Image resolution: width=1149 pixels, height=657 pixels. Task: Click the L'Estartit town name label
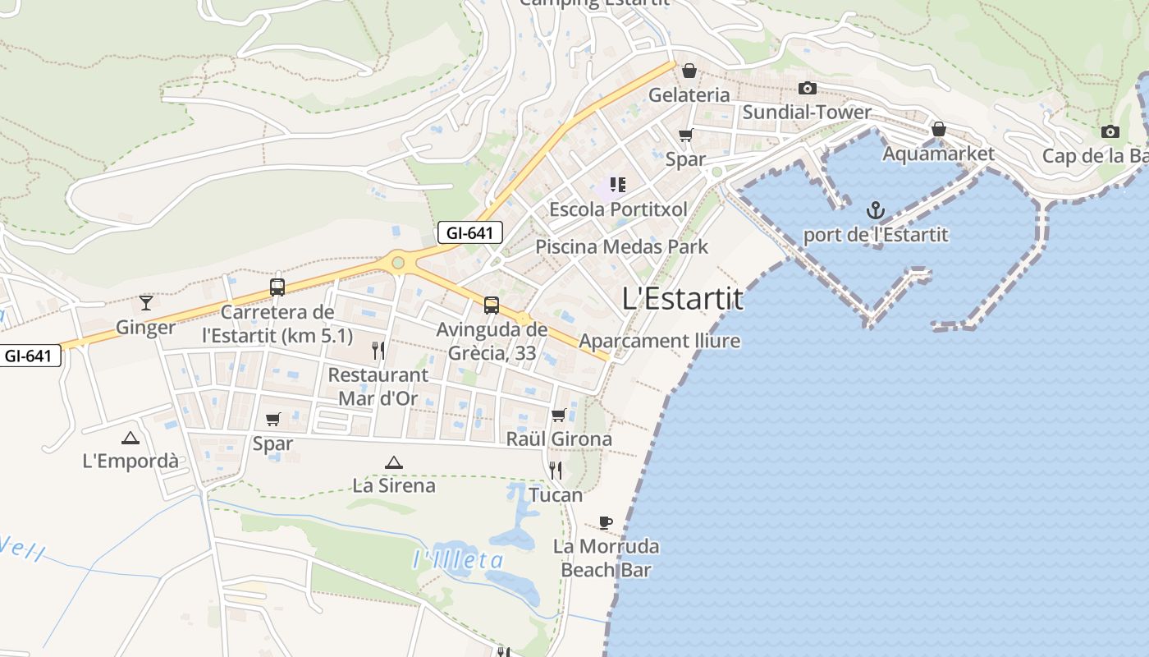click(x=683, y=298)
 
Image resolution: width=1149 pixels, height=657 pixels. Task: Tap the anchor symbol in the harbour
click(x=876, y=210)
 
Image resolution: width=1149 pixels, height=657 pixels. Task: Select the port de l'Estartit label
click(x=875, y=235)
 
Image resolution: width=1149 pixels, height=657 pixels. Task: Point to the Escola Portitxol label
click(x=618, y=209)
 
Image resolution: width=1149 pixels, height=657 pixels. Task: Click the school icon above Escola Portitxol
click(x=618, y=185)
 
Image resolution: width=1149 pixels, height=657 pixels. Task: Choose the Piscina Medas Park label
click(x=621, y=246)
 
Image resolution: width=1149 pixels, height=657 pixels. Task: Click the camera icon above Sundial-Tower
click(x=808, y=88)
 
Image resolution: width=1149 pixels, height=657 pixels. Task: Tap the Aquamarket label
click(x=938, y=154)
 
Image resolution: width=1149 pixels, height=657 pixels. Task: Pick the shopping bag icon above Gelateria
click(x=689, y=71)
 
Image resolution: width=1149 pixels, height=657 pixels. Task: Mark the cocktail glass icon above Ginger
click(x=146, y=303)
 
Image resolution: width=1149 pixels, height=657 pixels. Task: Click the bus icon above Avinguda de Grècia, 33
click(x=491, y=306)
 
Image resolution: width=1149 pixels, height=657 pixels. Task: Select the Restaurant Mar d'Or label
click(x=378, y=387)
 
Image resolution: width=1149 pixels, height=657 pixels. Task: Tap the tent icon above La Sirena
click(x=394, y=462)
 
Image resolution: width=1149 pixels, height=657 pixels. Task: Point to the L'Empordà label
click(x=130, y=461)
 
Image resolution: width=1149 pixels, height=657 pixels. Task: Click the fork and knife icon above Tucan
click(x=556, y=471)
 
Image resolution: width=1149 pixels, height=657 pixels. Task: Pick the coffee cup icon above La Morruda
click(x=606, y=522)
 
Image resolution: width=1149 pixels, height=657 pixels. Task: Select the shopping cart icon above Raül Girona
click(x=559, y=415)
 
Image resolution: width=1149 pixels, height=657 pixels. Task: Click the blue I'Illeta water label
click(x=458, y=561)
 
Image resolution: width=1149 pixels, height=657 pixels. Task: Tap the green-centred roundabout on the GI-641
click(x=398, y=263)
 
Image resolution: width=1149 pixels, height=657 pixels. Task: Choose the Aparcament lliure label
click(x=660, y=341)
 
